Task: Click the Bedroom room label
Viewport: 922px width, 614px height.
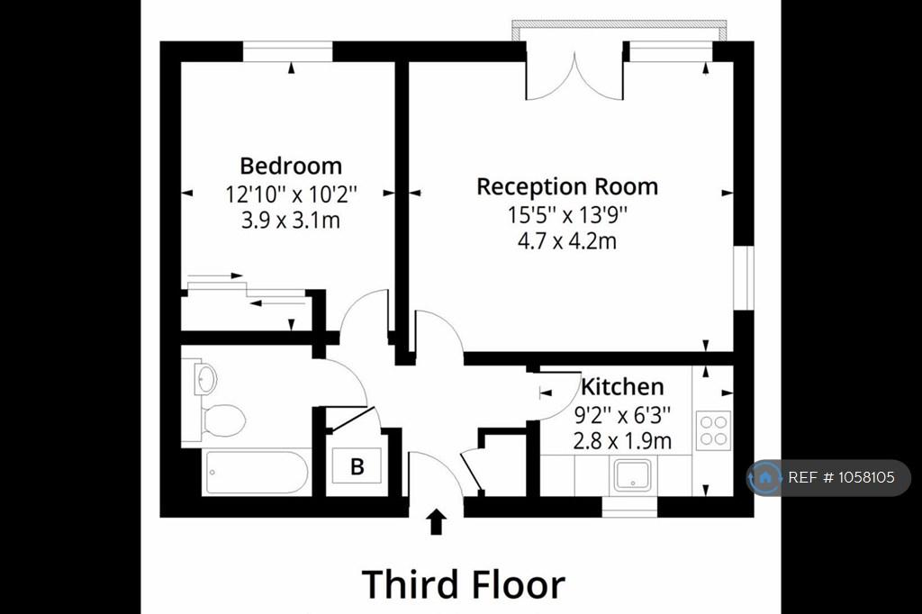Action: click(291, 166)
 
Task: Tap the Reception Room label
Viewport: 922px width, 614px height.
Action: click(567, 186)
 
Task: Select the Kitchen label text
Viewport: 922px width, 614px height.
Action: click(622, 386)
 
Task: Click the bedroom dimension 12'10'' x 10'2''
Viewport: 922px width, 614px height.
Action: click(291, 194)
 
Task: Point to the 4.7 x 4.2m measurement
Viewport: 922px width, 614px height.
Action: click(567, 241)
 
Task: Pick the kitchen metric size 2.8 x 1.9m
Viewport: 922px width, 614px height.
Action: click(622, 440)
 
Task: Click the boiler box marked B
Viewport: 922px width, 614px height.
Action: click(357, 465)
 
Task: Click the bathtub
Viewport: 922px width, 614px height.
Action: click(257, 473)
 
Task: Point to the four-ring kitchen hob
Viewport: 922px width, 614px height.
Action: click(713, 430)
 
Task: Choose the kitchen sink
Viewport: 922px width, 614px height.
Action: click(632, 475)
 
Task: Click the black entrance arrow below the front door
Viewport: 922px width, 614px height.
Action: click(436, 521)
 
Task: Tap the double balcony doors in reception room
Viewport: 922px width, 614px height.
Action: click(574, 77)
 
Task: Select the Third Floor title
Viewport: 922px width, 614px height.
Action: click(464, 584)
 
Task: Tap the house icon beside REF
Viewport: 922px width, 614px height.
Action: click(765, 477)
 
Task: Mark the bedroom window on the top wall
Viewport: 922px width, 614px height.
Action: click(287, 51)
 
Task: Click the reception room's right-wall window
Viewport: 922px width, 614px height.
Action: click(743, 277)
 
